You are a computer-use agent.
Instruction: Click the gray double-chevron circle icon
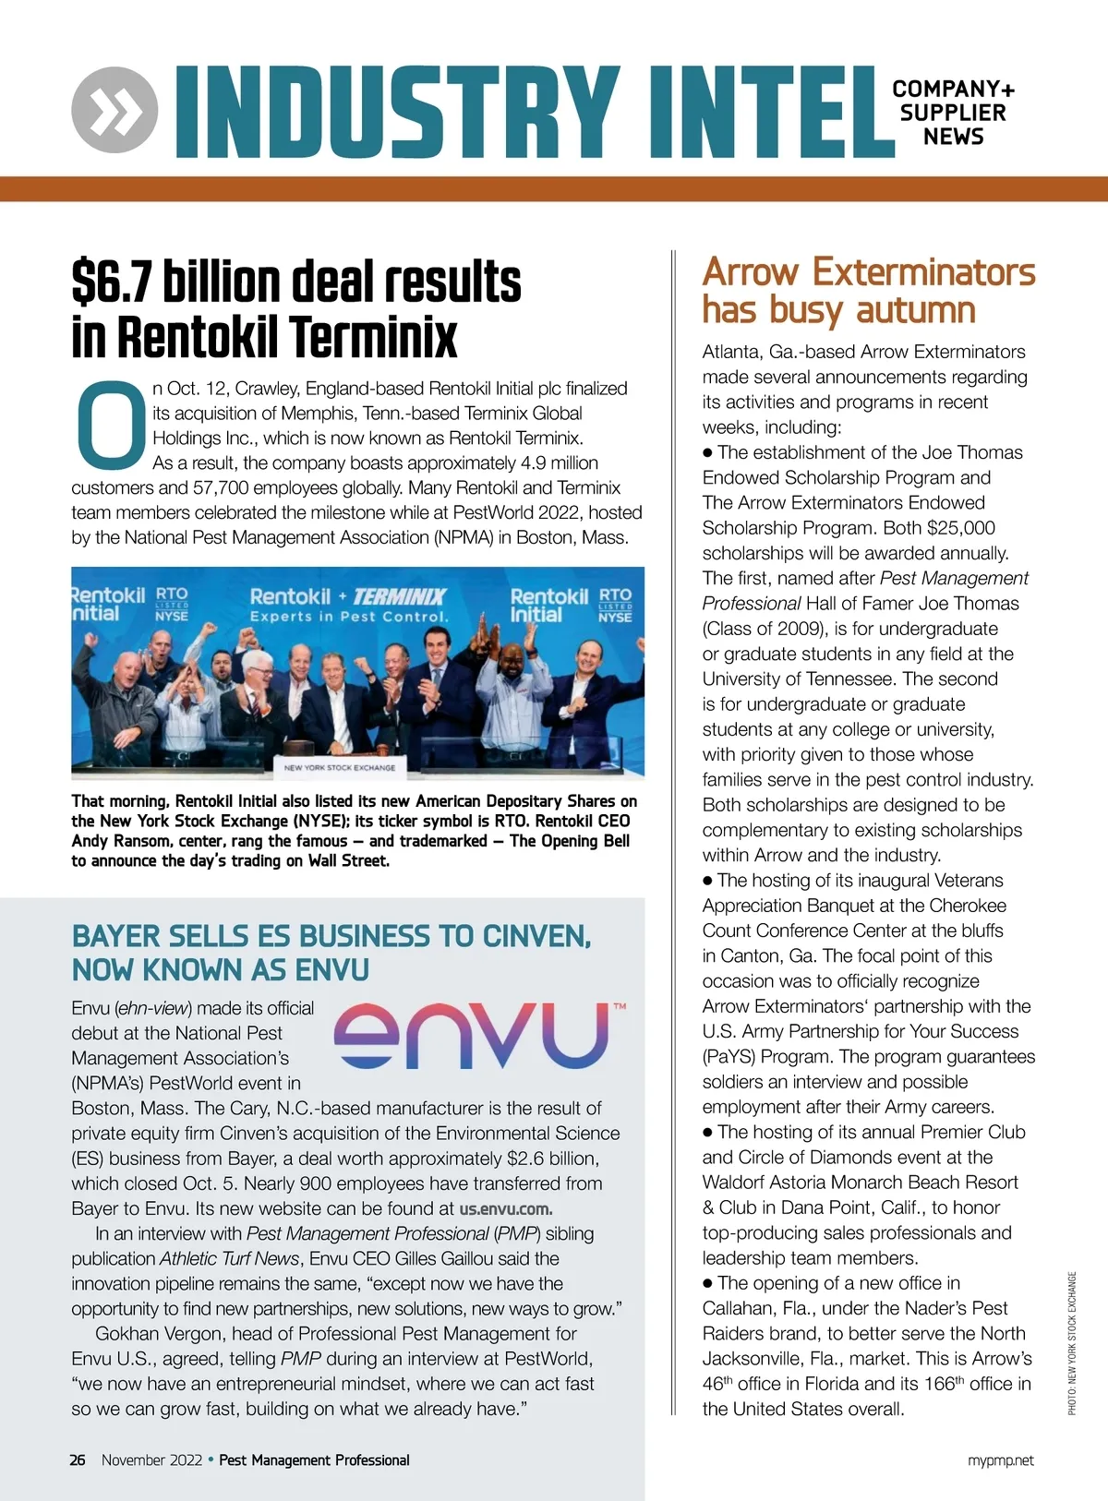(x=114, y=110)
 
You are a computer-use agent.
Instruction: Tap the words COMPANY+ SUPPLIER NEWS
(x=953, y=113)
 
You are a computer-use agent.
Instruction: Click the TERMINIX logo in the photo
(x=399, y=596)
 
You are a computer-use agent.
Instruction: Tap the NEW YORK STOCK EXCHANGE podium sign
(x=339, y=767)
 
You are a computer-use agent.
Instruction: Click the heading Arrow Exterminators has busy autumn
(x=868, y=291)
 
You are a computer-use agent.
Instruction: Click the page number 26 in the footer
(x=78, y=1459)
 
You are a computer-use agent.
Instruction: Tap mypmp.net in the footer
(x=1000, y=1459)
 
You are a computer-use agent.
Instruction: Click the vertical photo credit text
(x=1072, y=1343)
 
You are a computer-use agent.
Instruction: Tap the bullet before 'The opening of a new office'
(x=708, y=1283)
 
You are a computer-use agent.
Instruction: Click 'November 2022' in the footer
(x=151, y=1459)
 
